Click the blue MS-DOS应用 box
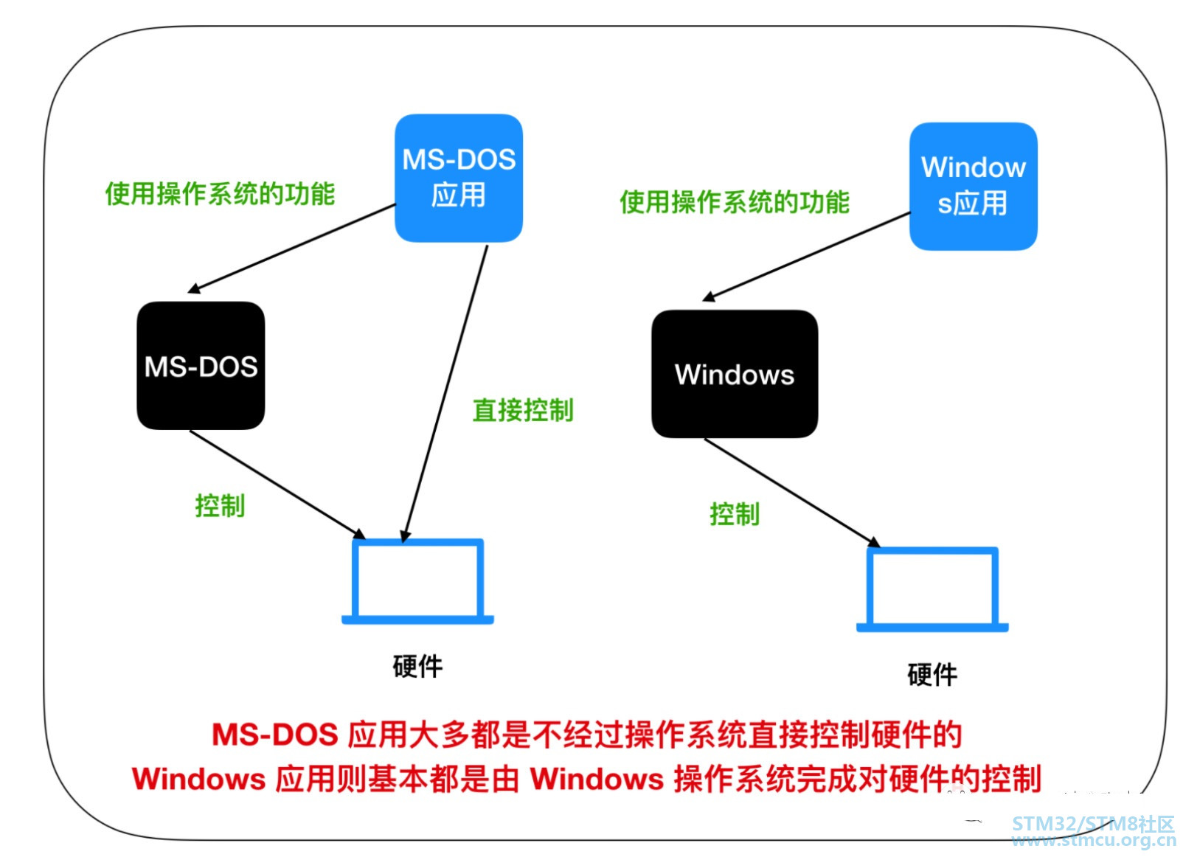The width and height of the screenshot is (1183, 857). (x=458, y=178)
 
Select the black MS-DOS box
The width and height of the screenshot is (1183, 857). (x=201, y=366)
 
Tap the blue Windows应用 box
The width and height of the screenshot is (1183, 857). (x=973, y=186)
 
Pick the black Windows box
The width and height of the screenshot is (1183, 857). (x=735, y=374)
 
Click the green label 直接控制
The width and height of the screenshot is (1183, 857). (x=523, y=410)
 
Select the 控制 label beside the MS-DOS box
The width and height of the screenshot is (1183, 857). (x=220, y=506)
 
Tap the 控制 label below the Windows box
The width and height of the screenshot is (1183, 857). (x=735, y=514)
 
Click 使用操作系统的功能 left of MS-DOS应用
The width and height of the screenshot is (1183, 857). (x=220, y=194)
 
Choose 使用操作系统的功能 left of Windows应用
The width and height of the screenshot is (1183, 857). (x=735, y=202)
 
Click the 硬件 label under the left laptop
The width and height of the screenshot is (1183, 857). (x=417, y=666)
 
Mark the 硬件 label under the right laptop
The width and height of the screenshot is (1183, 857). (x=932, y=674)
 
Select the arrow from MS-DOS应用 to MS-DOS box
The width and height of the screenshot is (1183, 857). (x=293, y=249)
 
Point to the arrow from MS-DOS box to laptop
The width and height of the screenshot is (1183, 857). (x=277, y=484)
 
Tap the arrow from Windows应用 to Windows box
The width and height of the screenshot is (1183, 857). (x=807, y=257)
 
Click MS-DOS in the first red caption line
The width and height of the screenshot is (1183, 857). (x=274, y=735)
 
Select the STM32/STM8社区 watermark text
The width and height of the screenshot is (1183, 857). (x=1092, y=824)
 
